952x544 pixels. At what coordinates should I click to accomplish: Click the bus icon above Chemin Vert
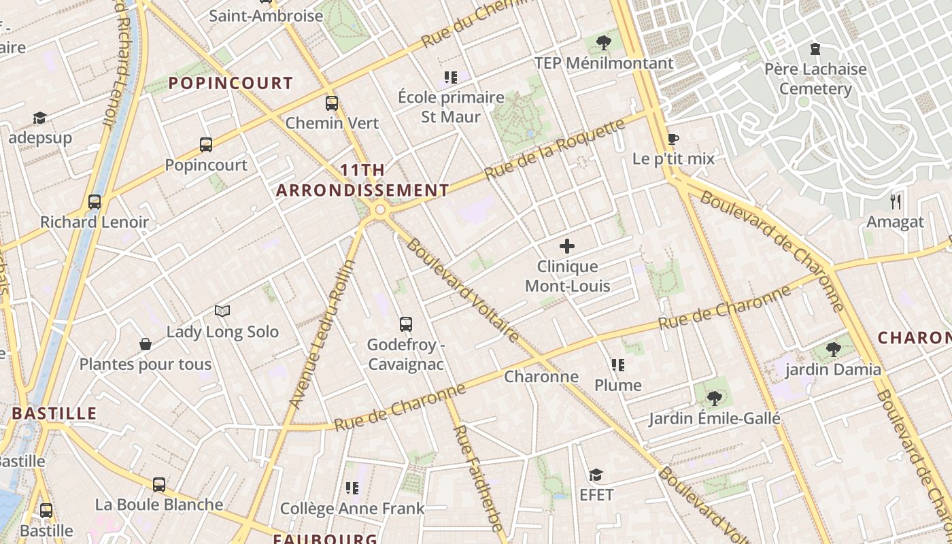click(x=332, y=103)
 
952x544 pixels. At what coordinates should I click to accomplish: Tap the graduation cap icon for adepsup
click(x=39, y=118)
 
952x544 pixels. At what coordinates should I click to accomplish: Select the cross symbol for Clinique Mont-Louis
click(x=566, y=246)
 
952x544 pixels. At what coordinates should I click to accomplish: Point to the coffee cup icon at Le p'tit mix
click(x=673, y=139)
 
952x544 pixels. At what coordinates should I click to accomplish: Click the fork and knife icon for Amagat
click(x=896, y=201)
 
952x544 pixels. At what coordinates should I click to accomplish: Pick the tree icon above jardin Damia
click(x=833, y=350)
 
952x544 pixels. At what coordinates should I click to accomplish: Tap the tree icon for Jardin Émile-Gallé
click(x=714, y=398)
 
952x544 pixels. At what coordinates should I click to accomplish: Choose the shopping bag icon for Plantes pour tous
click(x=146, y=344)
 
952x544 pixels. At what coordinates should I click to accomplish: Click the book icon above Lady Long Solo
click(x=222, y=311)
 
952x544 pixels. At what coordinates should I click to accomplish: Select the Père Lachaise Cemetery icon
click(x=815, y=49)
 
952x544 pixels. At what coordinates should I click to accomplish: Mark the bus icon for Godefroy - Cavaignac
click(x=406, y=324)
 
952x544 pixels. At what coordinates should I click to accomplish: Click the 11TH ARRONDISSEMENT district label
click(x=362, y=180)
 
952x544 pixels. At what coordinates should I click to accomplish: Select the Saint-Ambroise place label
click(x=266, y=16)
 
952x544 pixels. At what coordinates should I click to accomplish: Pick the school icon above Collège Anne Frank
click(x=352, y=488)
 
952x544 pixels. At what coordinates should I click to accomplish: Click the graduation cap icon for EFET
click(x=596, y=475)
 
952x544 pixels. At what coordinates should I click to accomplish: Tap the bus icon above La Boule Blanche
click(x=159, y=484)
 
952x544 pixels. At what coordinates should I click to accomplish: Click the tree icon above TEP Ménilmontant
click(x=603, y=43)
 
